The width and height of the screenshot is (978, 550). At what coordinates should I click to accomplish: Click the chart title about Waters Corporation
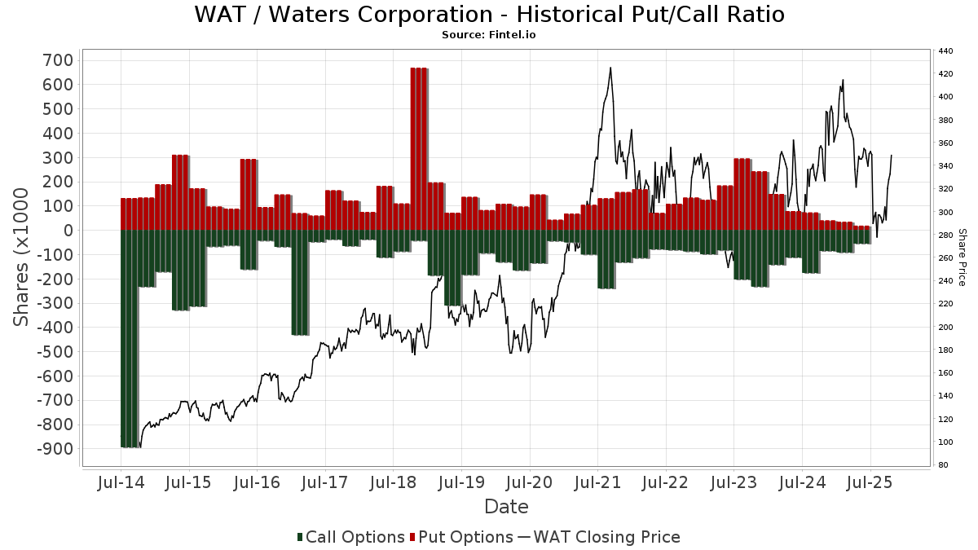coord(489,15)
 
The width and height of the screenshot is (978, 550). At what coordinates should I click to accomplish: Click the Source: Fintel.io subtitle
coord(489,35)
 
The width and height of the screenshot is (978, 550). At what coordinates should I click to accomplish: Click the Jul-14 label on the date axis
coord(121,482)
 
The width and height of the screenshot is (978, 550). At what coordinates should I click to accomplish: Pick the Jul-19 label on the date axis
coord(460,482)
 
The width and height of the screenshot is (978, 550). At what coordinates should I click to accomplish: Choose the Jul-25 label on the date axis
coord(870,482)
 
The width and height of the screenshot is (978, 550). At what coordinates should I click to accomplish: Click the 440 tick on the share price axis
coord(945,51)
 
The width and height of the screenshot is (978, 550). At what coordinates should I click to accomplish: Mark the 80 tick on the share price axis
coord(943,465)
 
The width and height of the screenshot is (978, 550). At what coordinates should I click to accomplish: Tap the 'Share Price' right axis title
coord(963,257)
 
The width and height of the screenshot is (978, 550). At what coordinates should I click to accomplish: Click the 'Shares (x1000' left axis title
coord(22,257)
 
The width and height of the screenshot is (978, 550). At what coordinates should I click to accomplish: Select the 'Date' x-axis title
coord(506,507)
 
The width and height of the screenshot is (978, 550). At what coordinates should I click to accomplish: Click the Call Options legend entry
coord(350,537)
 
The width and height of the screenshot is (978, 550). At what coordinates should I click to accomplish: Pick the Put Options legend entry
coord(461,537)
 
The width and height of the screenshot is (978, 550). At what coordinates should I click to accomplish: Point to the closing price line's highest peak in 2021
coord(610,68)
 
